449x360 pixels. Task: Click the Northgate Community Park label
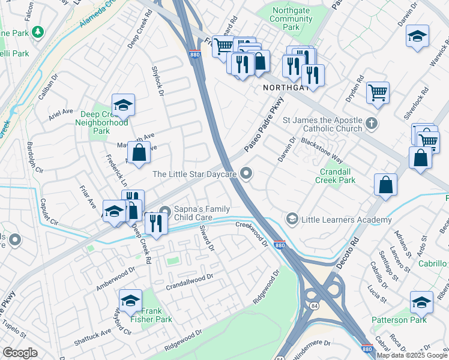pyautogui.click(x=292, y=19)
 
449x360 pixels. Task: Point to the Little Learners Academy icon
pyautogui.click(x=292, y=220)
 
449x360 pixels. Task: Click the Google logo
pyautogui.click(x=19, y=353)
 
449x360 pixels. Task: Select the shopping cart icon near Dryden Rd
pyautogui.click(x=378, y=92)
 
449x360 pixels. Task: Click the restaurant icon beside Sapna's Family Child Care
pyautogui.click(x=155, y=223)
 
